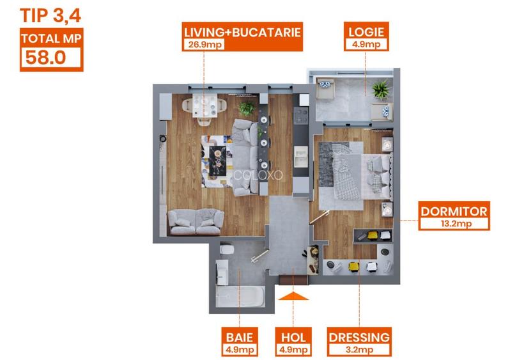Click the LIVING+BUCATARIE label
pos(242,32)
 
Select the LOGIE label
pos(366,32)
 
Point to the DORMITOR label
pos(454,212)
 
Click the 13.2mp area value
pos(454,224)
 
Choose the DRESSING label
pos(359,338)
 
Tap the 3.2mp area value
pos(359,350)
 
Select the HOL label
pos(293,338)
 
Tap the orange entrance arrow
pos(294,295)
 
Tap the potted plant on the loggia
pos(380,89)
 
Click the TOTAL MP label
pos(50,38)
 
